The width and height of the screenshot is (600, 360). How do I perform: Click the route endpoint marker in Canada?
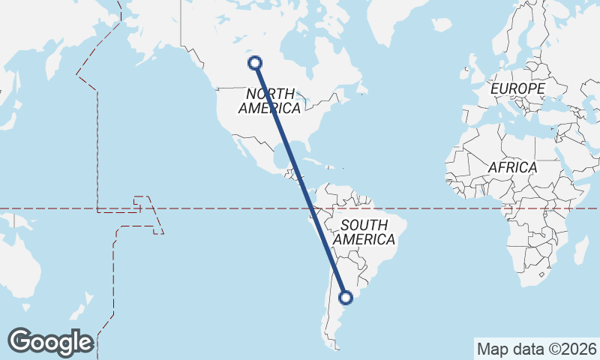[x=256, y=63]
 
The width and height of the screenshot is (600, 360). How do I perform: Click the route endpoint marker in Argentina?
[x=346, y=298]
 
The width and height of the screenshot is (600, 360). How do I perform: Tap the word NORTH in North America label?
[x=269, y=94]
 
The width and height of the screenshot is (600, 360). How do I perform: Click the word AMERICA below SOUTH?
[x=364, y=240]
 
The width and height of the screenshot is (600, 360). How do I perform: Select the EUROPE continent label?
[x=517, y=89]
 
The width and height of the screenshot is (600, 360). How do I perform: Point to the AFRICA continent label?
[x=512, y=167]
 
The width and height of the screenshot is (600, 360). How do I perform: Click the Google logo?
[x=50, y=341]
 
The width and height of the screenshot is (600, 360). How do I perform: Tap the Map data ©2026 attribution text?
[x=537, y=349]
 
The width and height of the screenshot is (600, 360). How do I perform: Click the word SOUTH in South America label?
[x=364, y=225]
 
